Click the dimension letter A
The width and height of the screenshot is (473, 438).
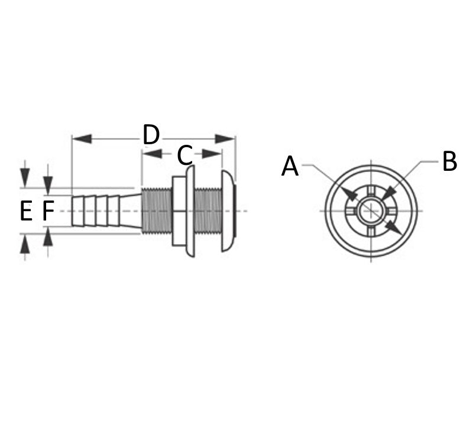click(290, 166)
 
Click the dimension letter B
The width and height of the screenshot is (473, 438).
click(449, 161)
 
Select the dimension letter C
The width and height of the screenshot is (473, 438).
click(184, 155)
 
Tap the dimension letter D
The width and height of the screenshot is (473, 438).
click(151, 134)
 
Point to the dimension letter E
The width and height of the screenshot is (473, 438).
click(26, 211)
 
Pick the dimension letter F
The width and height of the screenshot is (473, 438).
click(48, 211)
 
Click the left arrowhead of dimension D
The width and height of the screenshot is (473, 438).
click(82, 139)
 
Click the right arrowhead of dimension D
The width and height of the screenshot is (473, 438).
click(225, 139)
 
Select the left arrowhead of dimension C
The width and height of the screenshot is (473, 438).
click(153, 154)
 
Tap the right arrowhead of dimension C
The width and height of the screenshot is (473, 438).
click(212, 154)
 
